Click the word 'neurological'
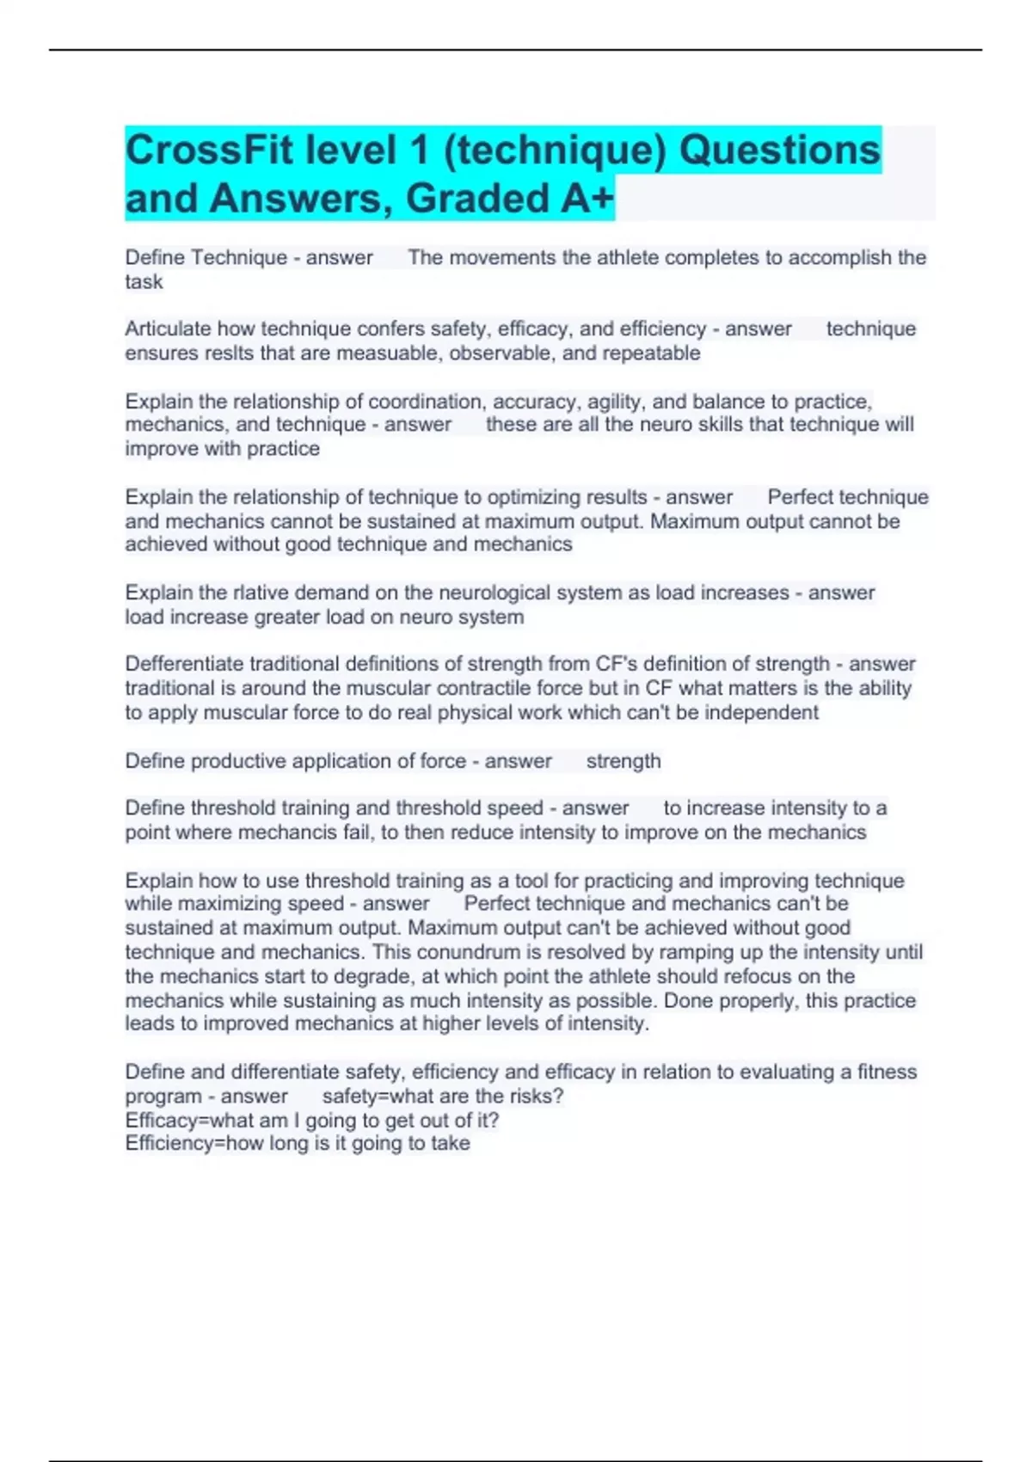click(494, 593)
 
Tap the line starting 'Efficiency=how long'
click(298, 1144)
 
